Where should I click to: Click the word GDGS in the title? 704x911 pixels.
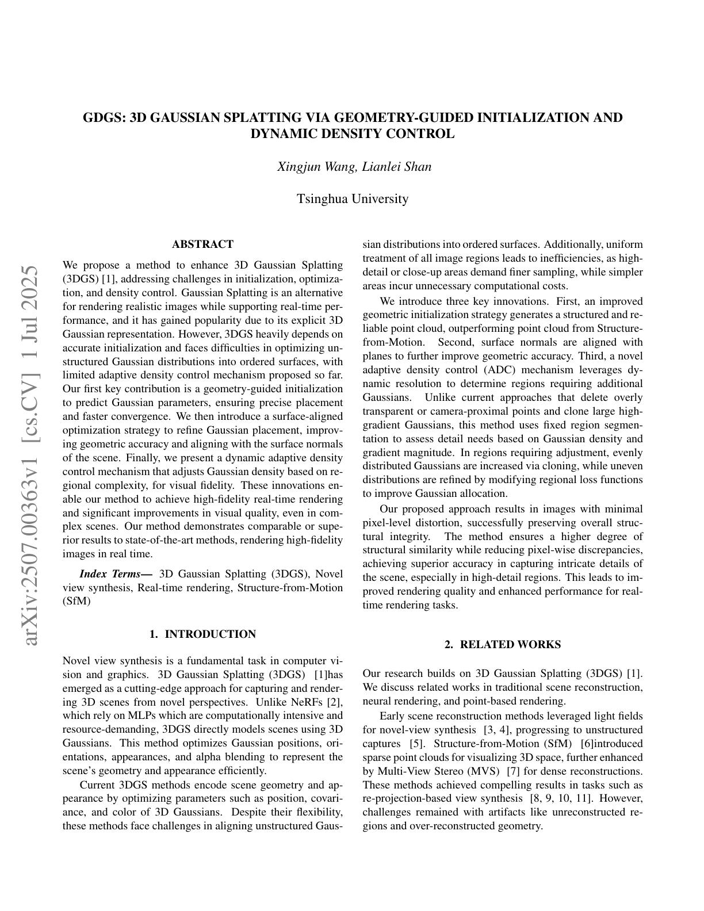pyautogui.click(x=103, y=118)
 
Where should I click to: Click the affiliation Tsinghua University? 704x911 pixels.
pyautogui.click(x=352, y=199)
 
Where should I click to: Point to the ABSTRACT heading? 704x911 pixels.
pyautogui.click(x=202, y=244)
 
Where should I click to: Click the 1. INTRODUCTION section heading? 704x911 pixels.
pyautogui.click(x=202, y=634)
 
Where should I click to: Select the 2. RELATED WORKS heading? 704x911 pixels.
pyautogui.click(x=503, y=645)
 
